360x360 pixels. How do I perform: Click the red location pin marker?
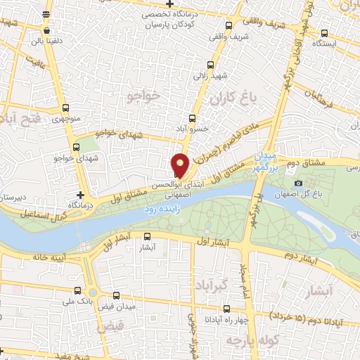[x=181, y=165]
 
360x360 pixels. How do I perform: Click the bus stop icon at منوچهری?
[x=65, y=108]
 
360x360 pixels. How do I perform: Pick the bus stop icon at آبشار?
[x=147, y=237]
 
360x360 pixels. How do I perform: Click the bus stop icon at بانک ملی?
[x=77, y=290]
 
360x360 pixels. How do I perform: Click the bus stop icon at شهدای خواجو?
[x=77, y=148]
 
